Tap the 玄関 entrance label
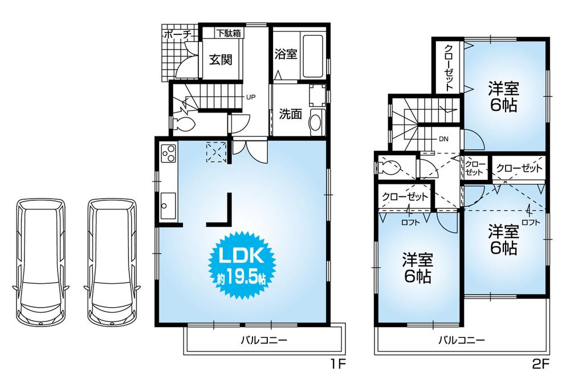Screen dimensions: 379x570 [x=219, y=59]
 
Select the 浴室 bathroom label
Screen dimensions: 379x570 [x=286, y=54]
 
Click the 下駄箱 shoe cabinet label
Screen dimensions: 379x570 [x=228, y=33]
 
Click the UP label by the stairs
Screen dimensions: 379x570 [x=250, y=97]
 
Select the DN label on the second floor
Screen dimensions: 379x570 [x=443, y=139]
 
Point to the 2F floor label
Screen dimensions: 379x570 [x=540, y=362]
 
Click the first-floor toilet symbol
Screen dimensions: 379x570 [x=184, y=123]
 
